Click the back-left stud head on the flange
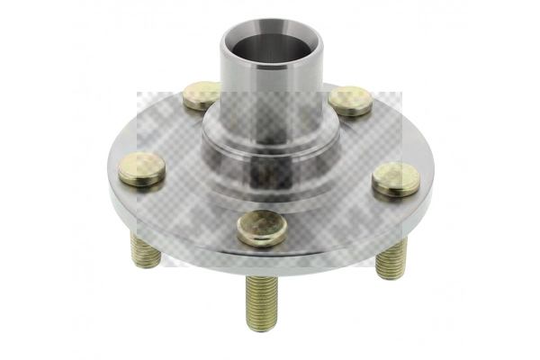pos(202,94)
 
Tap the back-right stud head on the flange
pos(351,99)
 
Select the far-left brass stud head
pos(142,168)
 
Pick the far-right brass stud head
pos(396,178)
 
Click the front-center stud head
pos(262,227)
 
